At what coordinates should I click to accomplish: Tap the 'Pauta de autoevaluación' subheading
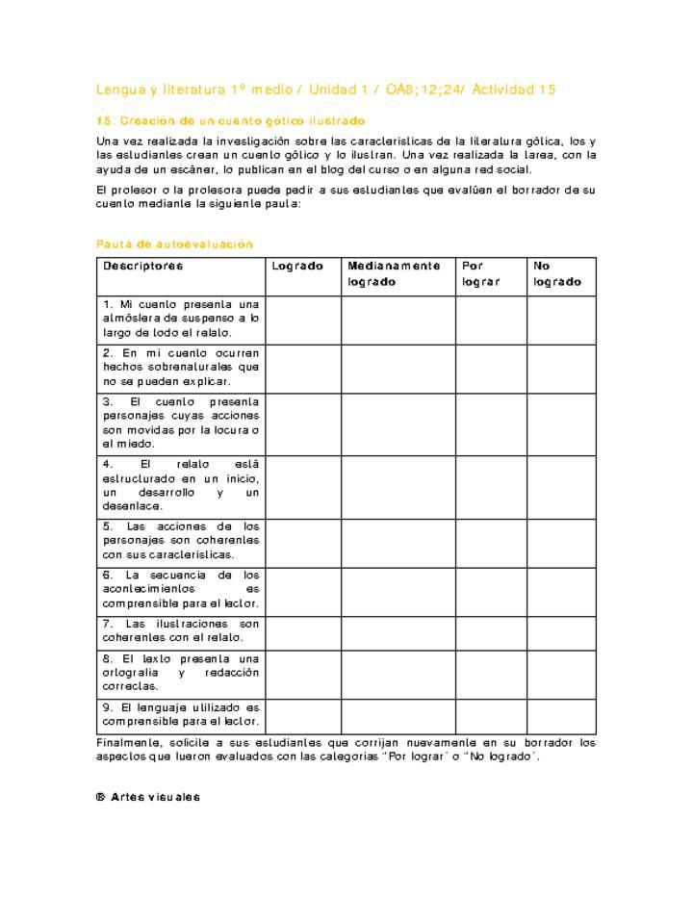[174, 244]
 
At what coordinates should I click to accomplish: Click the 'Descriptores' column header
[143, 266]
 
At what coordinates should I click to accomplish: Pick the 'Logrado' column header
[297, 266]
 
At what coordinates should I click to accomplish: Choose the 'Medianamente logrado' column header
[395, 274]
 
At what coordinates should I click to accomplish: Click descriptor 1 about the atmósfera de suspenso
[181, 319]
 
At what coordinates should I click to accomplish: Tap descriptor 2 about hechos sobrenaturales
[181, 368]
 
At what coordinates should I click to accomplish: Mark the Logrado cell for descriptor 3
[303, 423]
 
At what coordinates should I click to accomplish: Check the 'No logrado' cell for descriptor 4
[561, 486]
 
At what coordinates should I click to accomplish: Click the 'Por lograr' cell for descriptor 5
[491, 542]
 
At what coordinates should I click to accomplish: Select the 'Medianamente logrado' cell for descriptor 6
[398, 590]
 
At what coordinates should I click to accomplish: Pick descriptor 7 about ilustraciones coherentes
[181, 631]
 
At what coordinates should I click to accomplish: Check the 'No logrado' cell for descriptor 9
[561, 715]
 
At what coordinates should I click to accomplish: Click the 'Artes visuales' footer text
[155, 797]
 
